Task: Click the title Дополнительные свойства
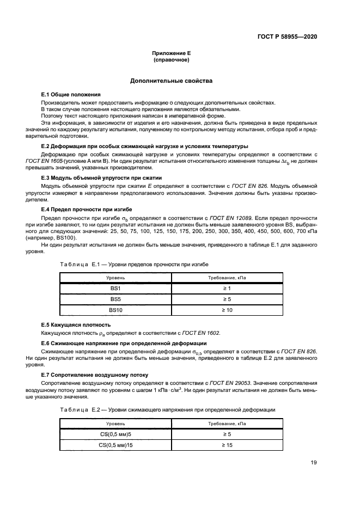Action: (x=171, y=81)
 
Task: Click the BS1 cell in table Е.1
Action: (x=115, y=288)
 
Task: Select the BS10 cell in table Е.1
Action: (x=115, y=310)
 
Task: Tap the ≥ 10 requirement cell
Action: (x=227, y=310)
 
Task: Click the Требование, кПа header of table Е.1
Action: (x=227, y=277)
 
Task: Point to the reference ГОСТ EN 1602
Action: (x=202, y=333)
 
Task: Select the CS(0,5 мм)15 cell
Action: (x=115, y=445)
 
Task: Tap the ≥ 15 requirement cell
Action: (x=227, y=445)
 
